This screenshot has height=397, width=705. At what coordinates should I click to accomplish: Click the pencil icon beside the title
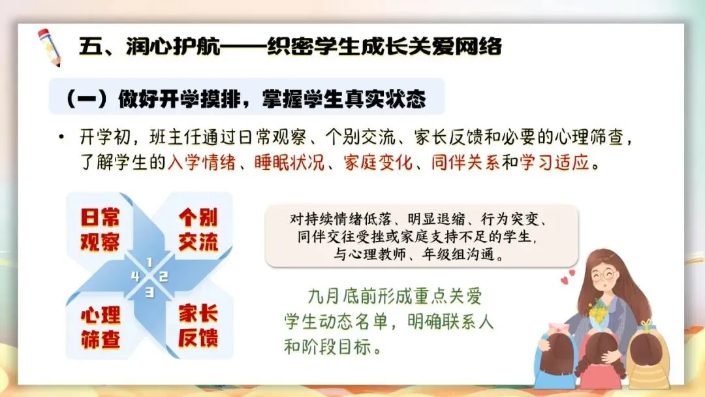coord(49,47)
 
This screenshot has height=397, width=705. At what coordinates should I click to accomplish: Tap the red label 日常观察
coord(100,230)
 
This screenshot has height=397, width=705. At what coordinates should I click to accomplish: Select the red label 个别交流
coord(198,230)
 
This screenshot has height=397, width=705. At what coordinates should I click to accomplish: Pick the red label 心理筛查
coord(101,328)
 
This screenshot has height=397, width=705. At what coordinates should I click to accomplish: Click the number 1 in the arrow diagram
coord(149,262)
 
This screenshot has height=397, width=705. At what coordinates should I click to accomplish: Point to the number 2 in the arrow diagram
coord(164,276)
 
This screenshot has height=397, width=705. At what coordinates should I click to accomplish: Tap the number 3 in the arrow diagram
coord(149,293)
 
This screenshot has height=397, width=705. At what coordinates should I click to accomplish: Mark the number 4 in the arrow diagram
coord(136,276)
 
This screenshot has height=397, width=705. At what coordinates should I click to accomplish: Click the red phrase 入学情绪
coord(202,163)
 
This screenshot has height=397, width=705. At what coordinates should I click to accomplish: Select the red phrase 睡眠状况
coord(289,163)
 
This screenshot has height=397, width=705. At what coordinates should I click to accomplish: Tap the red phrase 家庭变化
coord(378,163)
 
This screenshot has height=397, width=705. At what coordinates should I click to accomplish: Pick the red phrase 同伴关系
coord(465,163)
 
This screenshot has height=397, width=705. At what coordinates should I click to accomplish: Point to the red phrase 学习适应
coord(554,163)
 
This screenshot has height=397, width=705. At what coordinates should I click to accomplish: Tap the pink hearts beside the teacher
coord(567,277)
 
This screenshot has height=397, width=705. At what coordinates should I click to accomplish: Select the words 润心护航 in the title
coord(173,46)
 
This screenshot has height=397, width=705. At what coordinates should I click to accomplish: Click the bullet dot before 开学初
coord(61,136)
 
